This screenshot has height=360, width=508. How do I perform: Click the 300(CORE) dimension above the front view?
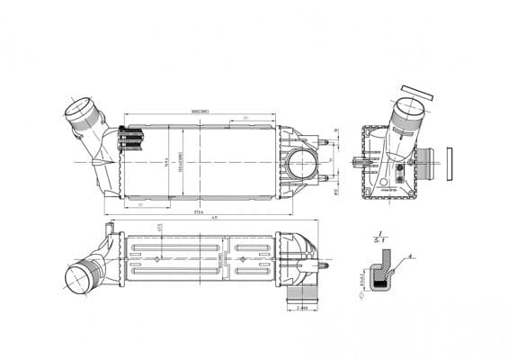[200, 111]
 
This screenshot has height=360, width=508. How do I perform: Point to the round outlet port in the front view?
[303, 166]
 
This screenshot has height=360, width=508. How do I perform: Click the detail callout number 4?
[408, 256]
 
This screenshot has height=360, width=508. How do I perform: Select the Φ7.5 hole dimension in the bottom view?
[159, 229]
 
